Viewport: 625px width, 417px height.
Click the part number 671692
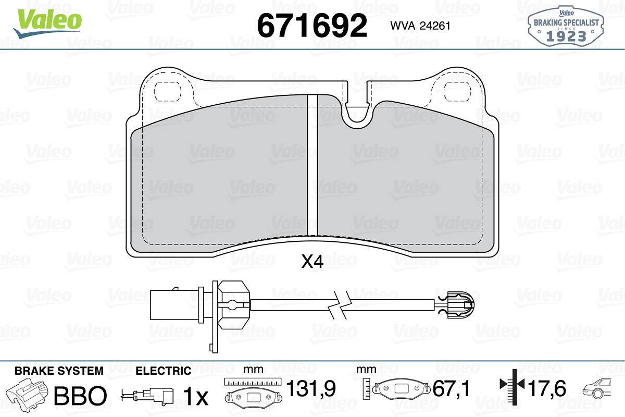coord(312,26)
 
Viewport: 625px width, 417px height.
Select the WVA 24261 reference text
coord(420,26)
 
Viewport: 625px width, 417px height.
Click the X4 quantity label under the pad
coord(312,262)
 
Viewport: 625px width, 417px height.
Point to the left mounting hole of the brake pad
coord(167,92)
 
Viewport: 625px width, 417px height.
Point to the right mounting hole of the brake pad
coord(457,92)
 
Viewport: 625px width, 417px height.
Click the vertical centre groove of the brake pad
coord(312,165)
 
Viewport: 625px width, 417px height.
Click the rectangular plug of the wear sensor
coord(174,305)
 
